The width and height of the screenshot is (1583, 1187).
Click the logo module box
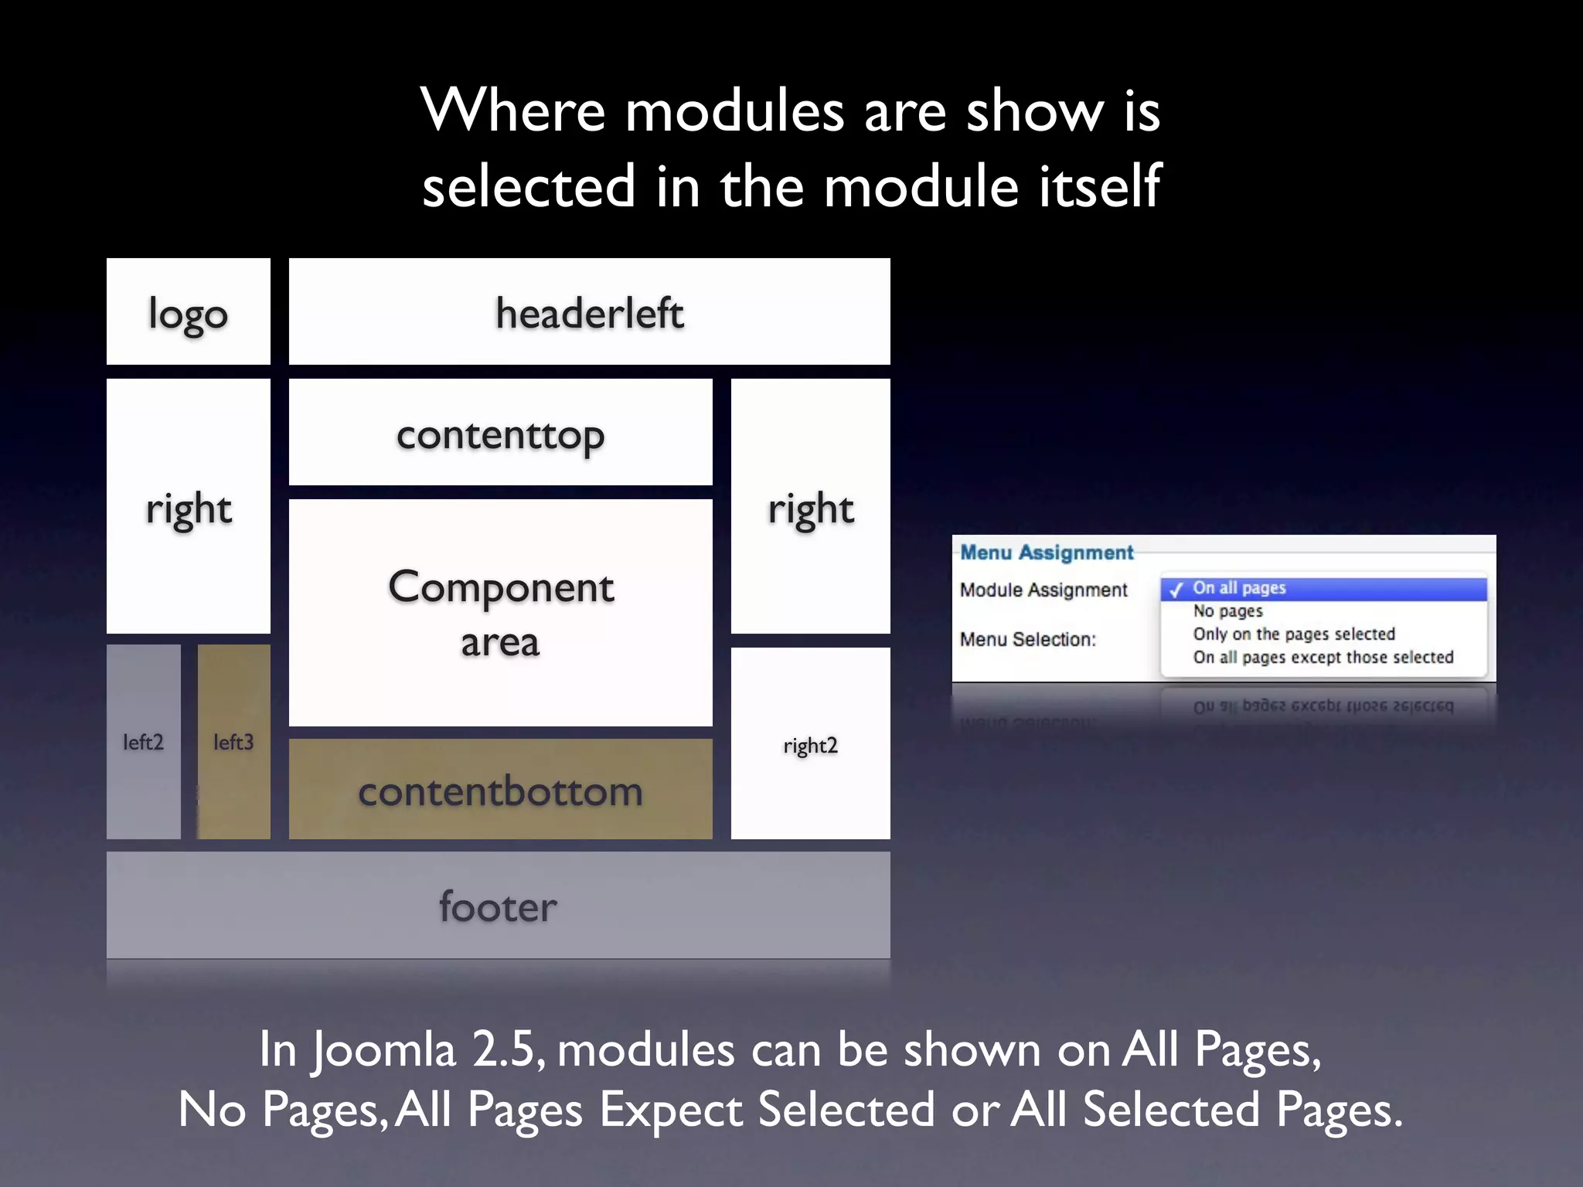[x=189, y=311]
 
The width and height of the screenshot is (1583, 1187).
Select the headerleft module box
[x=589, y=311]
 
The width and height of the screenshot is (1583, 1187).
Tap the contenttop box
[x=500, y=433]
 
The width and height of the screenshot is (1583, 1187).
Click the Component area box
[x=500, y=612]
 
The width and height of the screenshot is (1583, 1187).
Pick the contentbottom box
[x=500, y=789]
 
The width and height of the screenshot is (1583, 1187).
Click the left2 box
[x=144, y=742]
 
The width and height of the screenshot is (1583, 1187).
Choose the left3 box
[x=233, y=742]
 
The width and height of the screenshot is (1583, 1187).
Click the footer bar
[x=498, y=905]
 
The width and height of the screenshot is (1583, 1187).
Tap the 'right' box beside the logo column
[x=189, y=506]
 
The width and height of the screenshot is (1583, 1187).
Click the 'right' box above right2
[x=810, y=506]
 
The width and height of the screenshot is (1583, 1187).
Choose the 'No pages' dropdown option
[x=1227, y=611]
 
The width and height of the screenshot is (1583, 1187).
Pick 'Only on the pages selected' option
[x=1294, y=634]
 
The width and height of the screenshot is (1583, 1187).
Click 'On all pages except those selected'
[x=1323, y=658]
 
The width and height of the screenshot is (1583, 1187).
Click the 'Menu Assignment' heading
[x=1047, y=553]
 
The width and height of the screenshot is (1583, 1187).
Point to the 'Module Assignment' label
[x=1043, y=590]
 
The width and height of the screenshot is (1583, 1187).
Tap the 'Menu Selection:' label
[x=1028, y=640]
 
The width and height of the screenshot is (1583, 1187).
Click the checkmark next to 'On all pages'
[x=1176, y=590]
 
